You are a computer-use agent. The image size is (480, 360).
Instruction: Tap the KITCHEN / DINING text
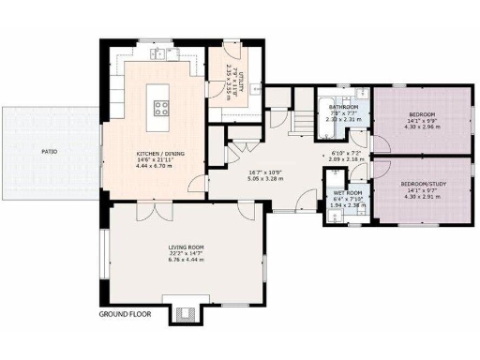(157, 152)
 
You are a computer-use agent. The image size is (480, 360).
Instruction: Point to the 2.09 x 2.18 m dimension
(346, 159)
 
